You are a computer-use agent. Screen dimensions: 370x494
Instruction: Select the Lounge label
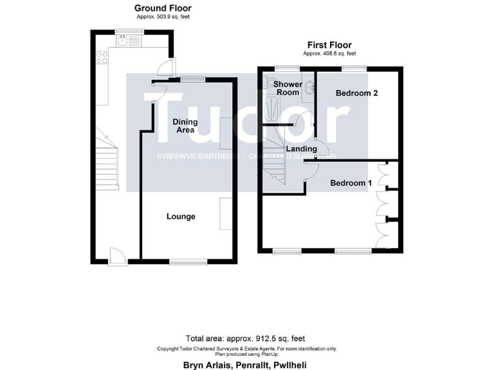click(181, 216)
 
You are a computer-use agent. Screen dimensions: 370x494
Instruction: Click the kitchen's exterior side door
click(166, 67)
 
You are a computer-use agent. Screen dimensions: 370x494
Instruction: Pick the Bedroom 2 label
click(356, 93)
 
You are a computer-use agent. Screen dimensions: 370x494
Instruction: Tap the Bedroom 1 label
click(351, 183)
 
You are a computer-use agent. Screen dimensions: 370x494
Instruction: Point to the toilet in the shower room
click(264, 82)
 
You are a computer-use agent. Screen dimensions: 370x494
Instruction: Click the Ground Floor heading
click(163, 8)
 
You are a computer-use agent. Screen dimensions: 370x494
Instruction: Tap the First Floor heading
click(331, 46)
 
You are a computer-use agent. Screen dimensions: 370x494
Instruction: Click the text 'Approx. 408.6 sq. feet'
click(331, 54)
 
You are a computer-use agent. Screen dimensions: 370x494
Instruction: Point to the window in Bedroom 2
click(354, 67)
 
